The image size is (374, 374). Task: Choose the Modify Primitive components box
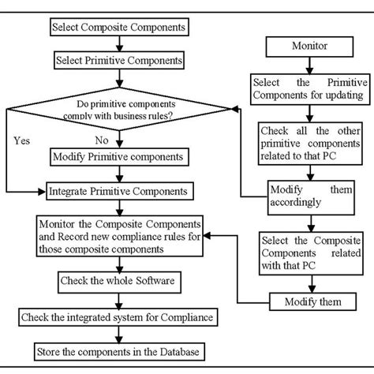pyautogui.click(x=118, y=156)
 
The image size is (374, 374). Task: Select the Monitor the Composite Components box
pyautogui.click(x=118, y=235)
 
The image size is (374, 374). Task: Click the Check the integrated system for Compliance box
pyautogui.click(x=118, y=316)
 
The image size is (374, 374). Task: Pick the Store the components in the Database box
pyautogui.click(x=118, y=350)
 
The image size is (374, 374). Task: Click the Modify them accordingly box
pyautogui.click(x=304, y=194)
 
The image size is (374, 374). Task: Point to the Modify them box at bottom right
pyautogui.click(x=304, y=301)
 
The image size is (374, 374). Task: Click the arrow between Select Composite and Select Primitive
pyautogui.click(x=118, y=43)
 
